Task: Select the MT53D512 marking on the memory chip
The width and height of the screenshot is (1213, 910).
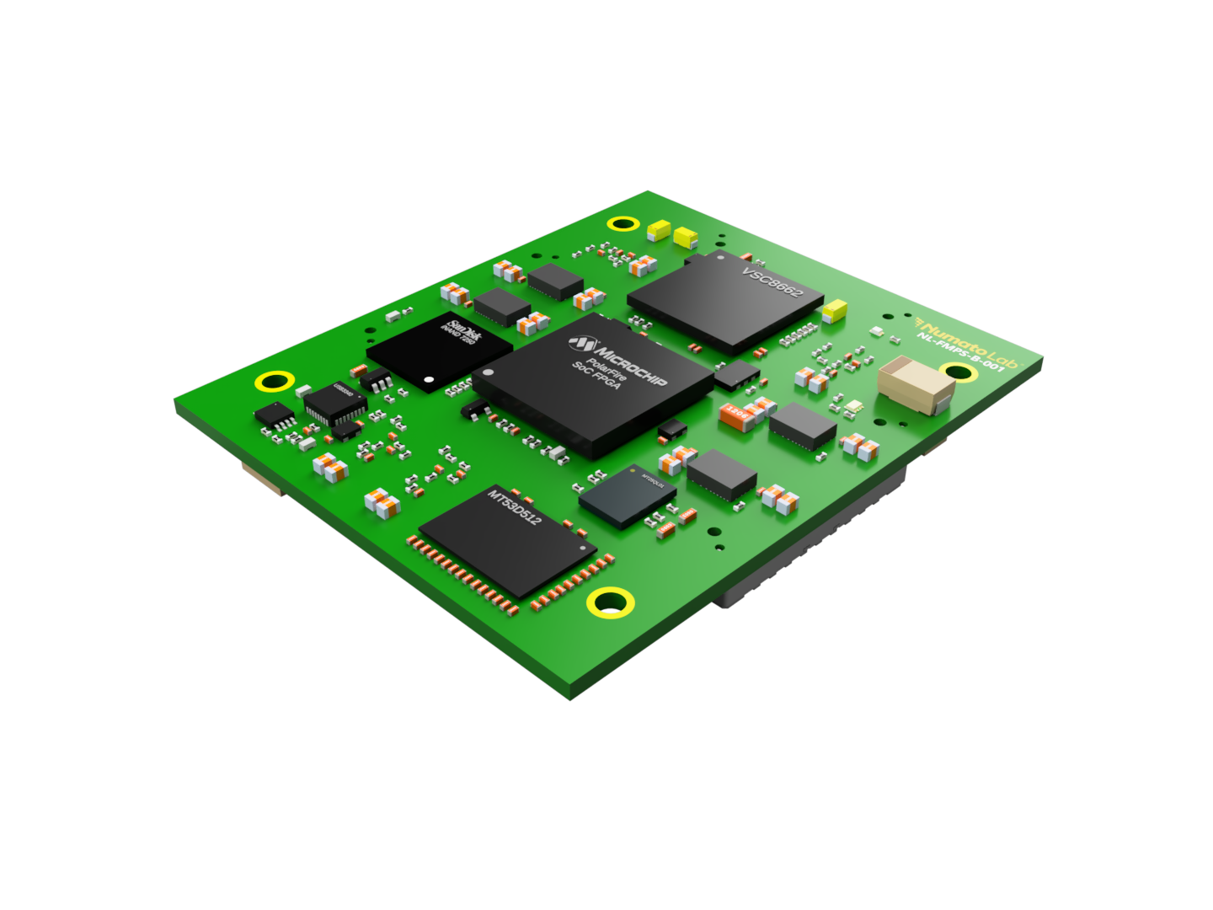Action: pos(515,506)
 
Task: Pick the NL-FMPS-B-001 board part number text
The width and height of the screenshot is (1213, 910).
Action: pos(959,353)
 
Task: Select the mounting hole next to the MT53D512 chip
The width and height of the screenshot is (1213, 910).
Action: pos(611,602)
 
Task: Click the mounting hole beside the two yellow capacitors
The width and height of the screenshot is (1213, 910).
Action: pos(623,223)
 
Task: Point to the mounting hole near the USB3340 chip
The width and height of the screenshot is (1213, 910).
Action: pos(275,381)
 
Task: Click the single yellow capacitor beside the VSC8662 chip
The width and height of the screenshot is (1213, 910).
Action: pos(835,310)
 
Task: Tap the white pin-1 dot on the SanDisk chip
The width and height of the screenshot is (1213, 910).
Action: pos(429,380)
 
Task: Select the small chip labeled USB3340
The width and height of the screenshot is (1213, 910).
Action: pos(334,403)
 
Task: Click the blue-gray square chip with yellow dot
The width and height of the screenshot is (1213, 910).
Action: pos(628,496)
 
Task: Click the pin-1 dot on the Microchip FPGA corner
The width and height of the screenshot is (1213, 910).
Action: pos(487,372)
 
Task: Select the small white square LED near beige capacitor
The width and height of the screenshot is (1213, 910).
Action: pos(855,408)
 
